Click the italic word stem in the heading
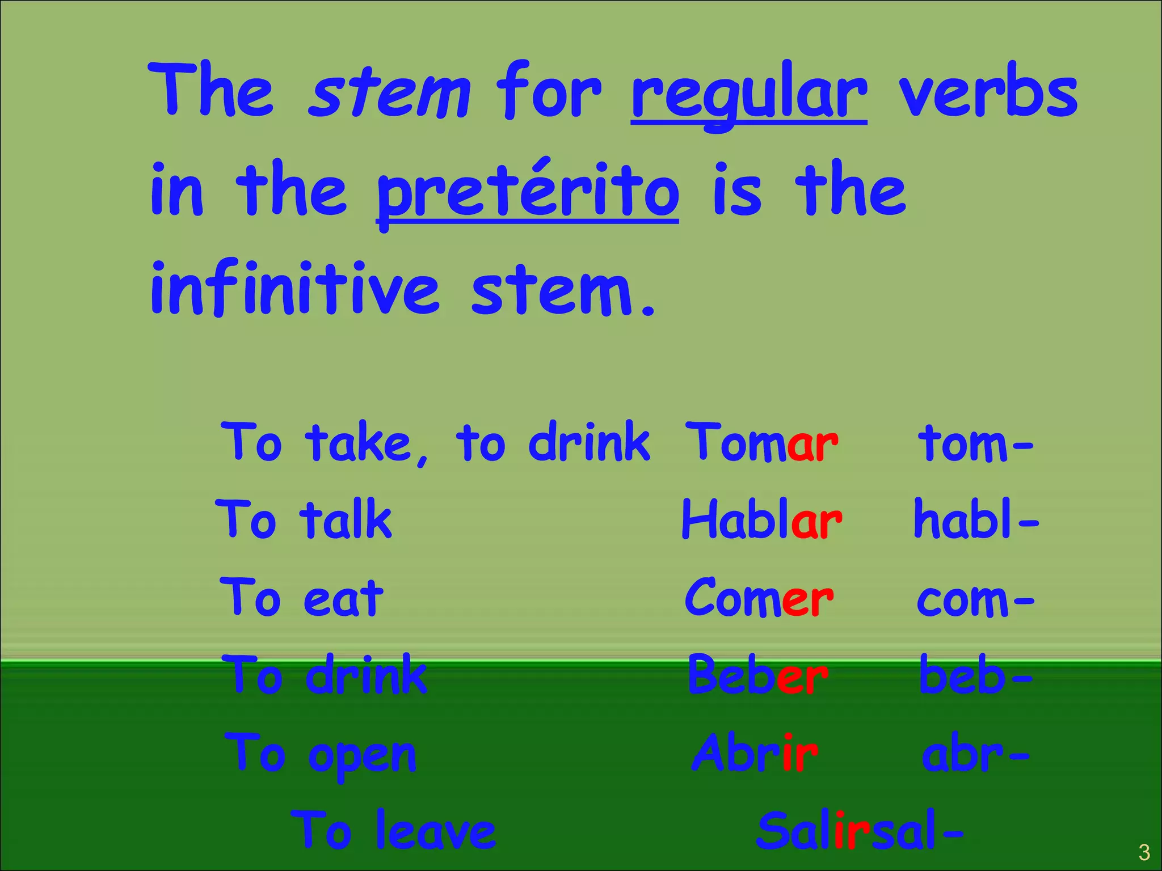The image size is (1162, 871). pos(389,94)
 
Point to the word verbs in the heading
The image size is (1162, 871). pos(988,94)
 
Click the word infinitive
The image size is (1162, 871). pos(294,289)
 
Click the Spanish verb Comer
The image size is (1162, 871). pos(759,598)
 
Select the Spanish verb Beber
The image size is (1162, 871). pos(757,675)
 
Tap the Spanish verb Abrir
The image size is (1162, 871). pos(755,753)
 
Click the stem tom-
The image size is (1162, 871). pos(975,443)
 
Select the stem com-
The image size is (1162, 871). pos(975,599)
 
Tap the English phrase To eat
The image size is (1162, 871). pos(301,598)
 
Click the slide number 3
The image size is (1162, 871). pos(1144,852)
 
